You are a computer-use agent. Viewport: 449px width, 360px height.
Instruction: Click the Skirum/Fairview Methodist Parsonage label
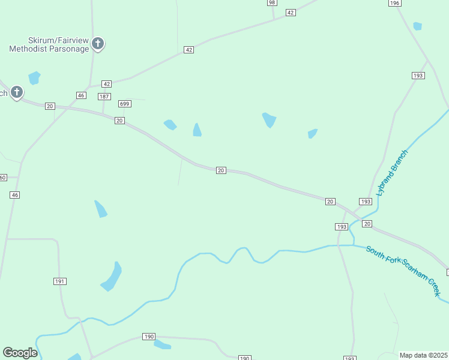click(x=49, y=44)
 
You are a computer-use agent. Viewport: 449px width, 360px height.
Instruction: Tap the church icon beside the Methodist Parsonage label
click(x=98, y=44)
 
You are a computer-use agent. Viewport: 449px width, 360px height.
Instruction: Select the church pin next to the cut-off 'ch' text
click(x=17, y=92)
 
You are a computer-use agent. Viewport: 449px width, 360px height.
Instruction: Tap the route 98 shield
click(x=272, y=2)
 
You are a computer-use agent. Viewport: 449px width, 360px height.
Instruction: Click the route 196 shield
click(x=394, y=3)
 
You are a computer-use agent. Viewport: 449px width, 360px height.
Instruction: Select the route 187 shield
click(x=104, y=97)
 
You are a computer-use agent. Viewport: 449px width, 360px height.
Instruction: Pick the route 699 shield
click(x=125, y=104)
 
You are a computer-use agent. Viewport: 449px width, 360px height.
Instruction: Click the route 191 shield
click(x=59, y=281)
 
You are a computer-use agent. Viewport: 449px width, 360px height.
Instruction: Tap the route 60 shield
click(x=2, y=177)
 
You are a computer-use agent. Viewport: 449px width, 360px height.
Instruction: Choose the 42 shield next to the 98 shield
click(x=291, y=13)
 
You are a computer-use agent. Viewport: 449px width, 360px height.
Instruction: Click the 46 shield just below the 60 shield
click(x=15, y=195)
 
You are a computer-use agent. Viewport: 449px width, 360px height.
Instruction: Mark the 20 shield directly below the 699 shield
click(x=120, y=121)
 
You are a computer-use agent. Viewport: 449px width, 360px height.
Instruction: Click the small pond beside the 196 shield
click(x=417, y=26)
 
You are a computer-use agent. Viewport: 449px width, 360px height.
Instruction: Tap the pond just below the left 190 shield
click(x=162, y=344)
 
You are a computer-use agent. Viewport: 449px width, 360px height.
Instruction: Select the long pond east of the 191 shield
click(x=112, y=277)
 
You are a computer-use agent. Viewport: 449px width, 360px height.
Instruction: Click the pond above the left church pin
click(x=34, y=77)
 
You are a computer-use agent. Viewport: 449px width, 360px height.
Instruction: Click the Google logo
click(x=20, y=353)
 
